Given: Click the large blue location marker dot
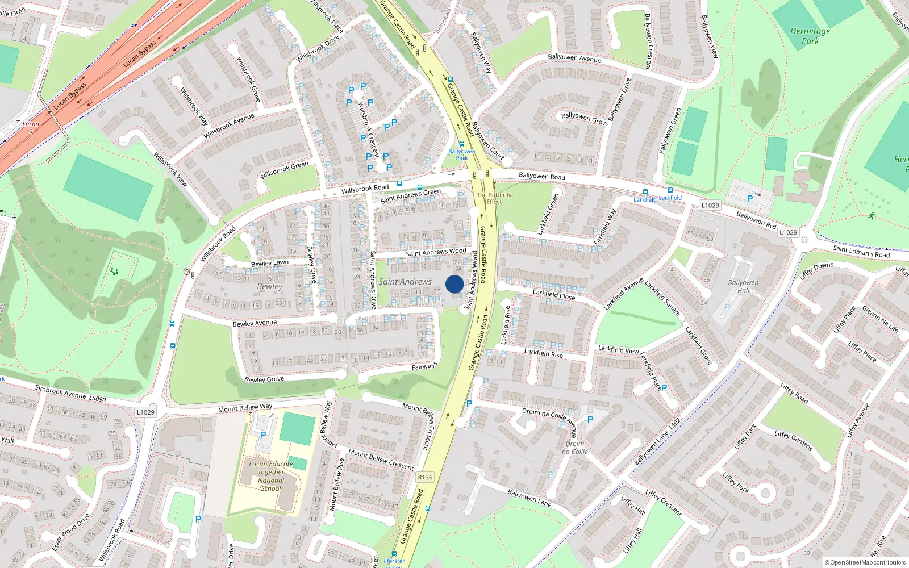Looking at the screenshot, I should (454, 284).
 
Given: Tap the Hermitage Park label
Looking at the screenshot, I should (810, 36).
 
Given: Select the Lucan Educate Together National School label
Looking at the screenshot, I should (271, 476).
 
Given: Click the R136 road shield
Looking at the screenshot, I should (425, 477).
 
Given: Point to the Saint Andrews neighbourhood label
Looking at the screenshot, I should (405, 282).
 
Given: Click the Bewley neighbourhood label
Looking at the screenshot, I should (269, 286).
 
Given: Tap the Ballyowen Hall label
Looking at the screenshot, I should (743, 286).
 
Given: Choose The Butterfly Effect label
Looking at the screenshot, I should (494, 198).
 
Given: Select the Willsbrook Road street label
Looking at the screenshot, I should (365, 188).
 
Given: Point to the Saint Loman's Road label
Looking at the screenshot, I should (861, 251).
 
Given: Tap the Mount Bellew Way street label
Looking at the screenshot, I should (245, 408).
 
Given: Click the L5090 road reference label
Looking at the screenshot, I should (97, 399).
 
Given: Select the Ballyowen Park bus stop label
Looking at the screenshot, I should (461, 154).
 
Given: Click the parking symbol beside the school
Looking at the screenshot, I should (263, 435).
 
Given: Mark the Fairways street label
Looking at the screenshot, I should (424, 366).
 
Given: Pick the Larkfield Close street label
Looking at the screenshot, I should (554, 295).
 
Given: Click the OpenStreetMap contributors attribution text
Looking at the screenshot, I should (865, 562).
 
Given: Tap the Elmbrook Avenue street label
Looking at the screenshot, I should (60, 392).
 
